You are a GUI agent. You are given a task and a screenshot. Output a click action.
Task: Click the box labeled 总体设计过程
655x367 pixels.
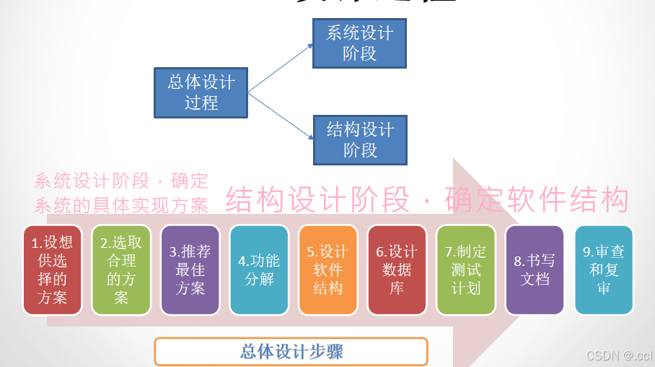[201, 92]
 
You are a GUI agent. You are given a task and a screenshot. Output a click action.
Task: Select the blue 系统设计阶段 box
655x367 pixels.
[359, 43]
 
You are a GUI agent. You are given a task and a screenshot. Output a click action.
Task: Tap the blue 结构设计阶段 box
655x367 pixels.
[359, 139]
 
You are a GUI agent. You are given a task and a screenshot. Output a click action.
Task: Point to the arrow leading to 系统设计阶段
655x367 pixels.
[281, 68]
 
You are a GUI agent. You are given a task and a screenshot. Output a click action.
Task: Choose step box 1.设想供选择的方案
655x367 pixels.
[52, 269]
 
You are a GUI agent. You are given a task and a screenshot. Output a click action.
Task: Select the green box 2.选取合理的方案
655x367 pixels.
[121, 269]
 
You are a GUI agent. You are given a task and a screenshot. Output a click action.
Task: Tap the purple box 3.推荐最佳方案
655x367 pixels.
[190, 269]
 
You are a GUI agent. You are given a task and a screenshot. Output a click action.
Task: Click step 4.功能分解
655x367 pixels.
[259, 269]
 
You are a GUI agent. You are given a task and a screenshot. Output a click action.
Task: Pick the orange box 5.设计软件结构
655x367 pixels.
[327, 269]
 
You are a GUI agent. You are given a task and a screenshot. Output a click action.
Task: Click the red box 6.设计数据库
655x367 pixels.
[397, 269]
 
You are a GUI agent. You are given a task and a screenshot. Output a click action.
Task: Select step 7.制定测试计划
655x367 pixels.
[465, 269]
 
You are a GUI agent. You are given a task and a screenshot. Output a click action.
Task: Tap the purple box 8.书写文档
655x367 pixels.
[535, 269]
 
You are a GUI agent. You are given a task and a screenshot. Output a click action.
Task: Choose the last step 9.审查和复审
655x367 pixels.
[604, 269]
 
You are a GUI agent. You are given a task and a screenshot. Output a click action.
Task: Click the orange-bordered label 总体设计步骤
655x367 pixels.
[291, 352]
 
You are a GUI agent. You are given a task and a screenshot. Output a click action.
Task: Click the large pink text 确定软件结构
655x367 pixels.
[537, 200]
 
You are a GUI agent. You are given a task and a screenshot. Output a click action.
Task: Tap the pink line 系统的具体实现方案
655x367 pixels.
[121, 205]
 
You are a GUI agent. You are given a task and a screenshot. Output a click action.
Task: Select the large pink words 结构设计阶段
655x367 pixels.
[317, 200]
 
